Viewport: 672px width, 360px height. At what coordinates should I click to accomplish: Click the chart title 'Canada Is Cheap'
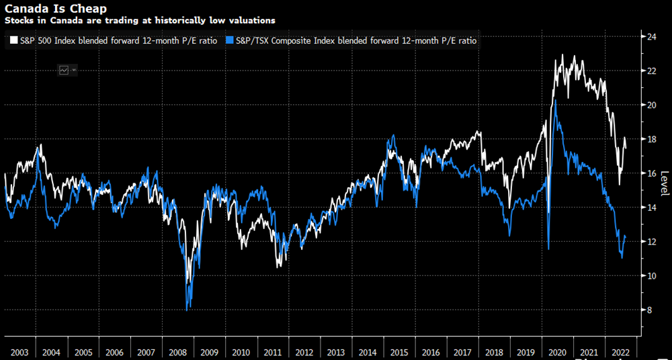point(48,9)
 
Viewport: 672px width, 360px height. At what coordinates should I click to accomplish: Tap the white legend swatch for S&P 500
point(13,41)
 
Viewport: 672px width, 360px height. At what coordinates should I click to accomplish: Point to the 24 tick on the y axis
point(651,36)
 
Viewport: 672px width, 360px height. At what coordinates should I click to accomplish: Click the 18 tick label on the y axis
point(651,139)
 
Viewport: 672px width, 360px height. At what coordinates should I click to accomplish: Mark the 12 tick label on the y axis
point(651,241)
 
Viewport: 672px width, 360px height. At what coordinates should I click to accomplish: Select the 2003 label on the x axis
point(20,352)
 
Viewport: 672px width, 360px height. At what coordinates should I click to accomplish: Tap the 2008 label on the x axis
point(177,352)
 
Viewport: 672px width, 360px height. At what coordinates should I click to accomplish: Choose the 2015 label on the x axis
point(398,352)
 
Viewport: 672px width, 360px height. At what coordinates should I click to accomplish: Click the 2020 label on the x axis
point(556,352)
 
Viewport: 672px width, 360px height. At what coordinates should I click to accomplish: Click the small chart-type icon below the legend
point(65,69)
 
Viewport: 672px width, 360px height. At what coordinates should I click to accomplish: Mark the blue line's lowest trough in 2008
point(186,308)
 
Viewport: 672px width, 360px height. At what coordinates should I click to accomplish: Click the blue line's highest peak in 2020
point(554,101)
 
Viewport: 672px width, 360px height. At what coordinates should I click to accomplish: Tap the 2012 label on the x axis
point(304,352)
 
